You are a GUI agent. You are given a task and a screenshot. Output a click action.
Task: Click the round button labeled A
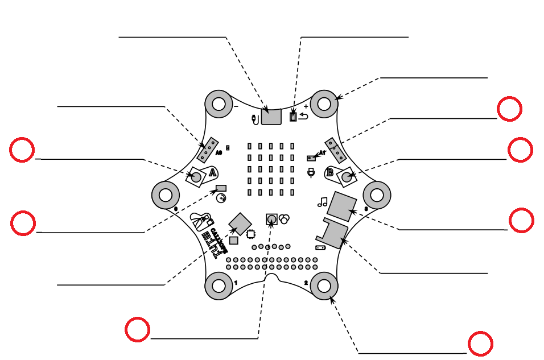(196, 177)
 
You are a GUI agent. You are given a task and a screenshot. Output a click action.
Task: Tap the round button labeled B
(347, 177)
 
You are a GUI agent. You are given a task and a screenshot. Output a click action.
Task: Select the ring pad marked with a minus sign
(219, 104)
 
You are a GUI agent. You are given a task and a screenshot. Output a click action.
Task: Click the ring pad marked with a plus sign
(324, 104)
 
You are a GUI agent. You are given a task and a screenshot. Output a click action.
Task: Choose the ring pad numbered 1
(219, 285)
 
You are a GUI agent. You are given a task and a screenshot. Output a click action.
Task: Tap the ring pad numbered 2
(324, 285)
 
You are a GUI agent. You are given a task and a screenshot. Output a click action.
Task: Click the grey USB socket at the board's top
(271, 117)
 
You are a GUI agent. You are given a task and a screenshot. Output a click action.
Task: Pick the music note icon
(323, 201)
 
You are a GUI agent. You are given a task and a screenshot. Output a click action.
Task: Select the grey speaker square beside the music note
(342, 206)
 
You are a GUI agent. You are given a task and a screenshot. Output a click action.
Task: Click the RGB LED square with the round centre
(271, 219)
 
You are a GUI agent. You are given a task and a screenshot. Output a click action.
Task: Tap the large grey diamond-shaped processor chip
(240, 224)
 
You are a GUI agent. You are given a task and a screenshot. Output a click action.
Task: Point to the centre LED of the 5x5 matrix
(271, 169)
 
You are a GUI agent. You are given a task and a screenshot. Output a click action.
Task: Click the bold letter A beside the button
(212, 172)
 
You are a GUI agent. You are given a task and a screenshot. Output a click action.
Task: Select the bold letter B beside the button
(329, 172)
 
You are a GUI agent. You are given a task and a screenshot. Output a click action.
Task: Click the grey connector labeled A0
(207, 150)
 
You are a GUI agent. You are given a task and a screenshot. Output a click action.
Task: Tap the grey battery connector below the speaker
(336, 233)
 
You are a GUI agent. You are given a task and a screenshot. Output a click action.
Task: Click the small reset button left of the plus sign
(293, 117)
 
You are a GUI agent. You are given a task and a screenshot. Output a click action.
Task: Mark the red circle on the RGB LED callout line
(138, 330)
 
